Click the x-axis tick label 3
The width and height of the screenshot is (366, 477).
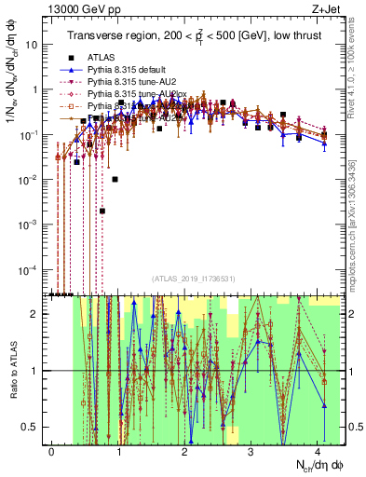coord(251,450)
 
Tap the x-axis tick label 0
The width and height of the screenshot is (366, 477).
coord(51,450)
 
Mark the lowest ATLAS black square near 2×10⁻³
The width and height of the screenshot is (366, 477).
coord(102,211)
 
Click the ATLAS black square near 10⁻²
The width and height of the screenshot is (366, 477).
coord(115,179)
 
